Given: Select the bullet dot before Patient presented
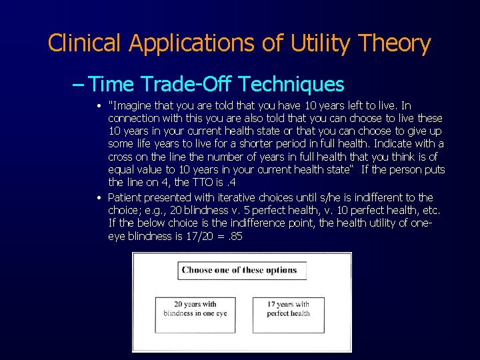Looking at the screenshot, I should [99, 198].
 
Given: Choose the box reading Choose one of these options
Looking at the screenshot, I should [242, 271].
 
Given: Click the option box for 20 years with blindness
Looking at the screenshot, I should [195, 314].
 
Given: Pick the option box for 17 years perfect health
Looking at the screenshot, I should [288, 314].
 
